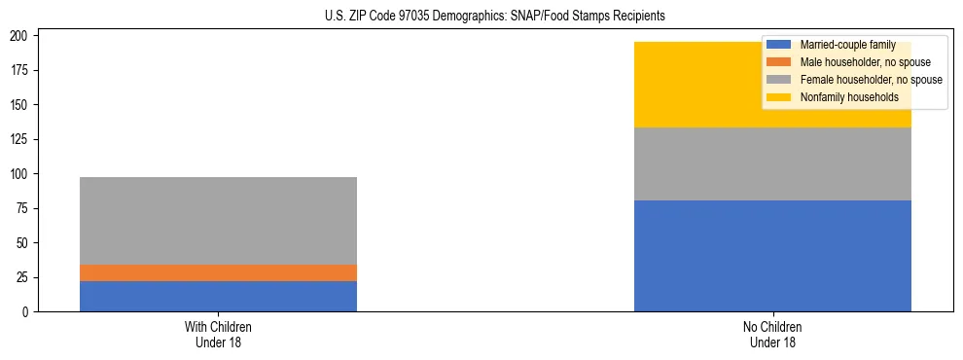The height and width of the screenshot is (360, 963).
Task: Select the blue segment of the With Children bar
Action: click(218, 296)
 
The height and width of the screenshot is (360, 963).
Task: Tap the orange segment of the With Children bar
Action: click(218, 272)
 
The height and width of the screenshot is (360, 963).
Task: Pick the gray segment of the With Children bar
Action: click(218, 221)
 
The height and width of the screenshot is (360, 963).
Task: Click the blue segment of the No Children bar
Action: click(772, 256)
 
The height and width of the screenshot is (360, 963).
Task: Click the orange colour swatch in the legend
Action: click(779, 62)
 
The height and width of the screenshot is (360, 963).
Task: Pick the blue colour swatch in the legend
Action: click(779, 45)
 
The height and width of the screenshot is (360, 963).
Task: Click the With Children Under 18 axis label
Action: click(218, 334)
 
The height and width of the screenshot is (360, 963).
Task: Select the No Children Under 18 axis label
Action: click(772, 334)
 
